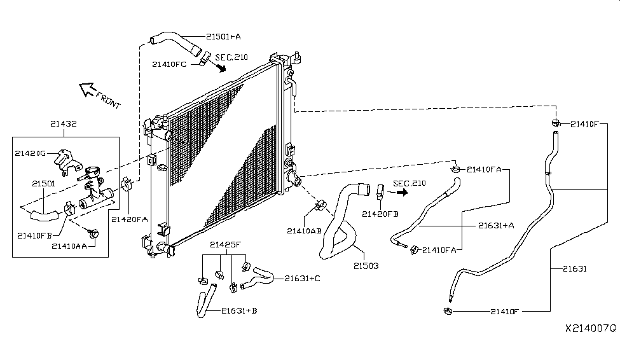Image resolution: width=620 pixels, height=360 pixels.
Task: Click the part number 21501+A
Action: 223,36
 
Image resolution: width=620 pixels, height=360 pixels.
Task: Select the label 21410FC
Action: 169,64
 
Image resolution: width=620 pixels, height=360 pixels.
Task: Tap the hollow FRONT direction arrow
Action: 87,90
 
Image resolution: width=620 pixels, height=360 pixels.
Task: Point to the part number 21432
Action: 63,123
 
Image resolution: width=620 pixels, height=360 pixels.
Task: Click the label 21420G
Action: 31,153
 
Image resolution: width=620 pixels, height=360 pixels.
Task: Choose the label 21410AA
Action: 69,246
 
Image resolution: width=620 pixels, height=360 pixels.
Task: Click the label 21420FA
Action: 129,219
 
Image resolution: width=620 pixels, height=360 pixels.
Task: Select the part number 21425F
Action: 225,244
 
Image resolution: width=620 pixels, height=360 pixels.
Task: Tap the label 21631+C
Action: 303,279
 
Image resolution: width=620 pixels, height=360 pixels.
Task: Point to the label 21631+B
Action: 239,310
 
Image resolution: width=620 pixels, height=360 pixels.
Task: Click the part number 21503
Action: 366,266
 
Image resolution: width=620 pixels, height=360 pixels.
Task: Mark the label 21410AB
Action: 304,231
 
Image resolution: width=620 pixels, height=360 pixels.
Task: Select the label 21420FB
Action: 380,214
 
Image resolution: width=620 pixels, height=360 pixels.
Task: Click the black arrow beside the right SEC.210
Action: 402,192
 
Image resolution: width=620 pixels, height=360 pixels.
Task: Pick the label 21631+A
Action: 496,226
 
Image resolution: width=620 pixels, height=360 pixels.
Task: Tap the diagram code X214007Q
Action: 591,328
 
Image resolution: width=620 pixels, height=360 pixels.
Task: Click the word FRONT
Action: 108,100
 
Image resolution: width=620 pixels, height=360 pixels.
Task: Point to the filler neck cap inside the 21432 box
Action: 93,172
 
